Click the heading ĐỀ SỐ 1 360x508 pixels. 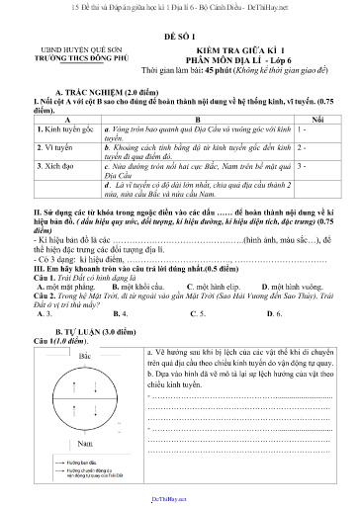179,32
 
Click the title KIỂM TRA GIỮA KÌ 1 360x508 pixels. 239,47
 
